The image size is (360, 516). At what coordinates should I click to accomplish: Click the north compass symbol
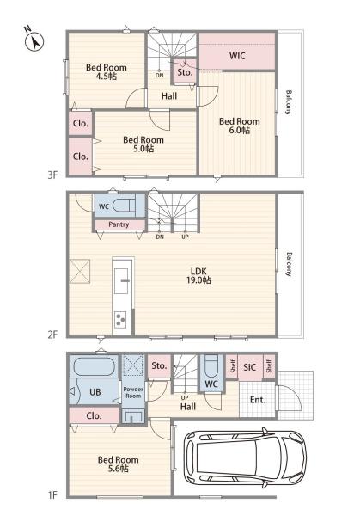34,42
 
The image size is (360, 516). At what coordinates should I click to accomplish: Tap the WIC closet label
237,56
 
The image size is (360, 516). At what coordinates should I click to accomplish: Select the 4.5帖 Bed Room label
107,71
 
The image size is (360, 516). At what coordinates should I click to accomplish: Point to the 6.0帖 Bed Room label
240,126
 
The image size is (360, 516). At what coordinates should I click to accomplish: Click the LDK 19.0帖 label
198,275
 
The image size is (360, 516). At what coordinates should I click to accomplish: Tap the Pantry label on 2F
119,224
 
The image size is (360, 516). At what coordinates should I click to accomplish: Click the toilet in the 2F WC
123,206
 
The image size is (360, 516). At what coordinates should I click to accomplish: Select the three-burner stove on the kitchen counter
119,319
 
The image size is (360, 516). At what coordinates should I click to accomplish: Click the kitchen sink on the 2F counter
121,280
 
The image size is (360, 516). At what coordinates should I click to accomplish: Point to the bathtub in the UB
95,366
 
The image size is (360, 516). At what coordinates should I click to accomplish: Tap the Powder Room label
133,393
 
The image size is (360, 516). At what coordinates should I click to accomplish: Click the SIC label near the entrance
249,367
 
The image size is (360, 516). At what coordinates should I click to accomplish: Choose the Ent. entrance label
258,400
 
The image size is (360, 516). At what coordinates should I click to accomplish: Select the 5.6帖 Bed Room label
118,464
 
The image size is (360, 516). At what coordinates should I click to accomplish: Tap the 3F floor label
52,175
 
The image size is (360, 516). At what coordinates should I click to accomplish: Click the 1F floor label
52,494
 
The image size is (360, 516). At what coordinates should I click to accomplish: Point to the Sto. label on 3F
185,72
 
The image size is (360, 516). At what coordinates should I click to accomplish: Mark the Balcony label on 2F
289,264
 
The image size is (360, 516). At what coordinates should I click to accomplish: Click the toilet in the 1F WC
211,365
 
